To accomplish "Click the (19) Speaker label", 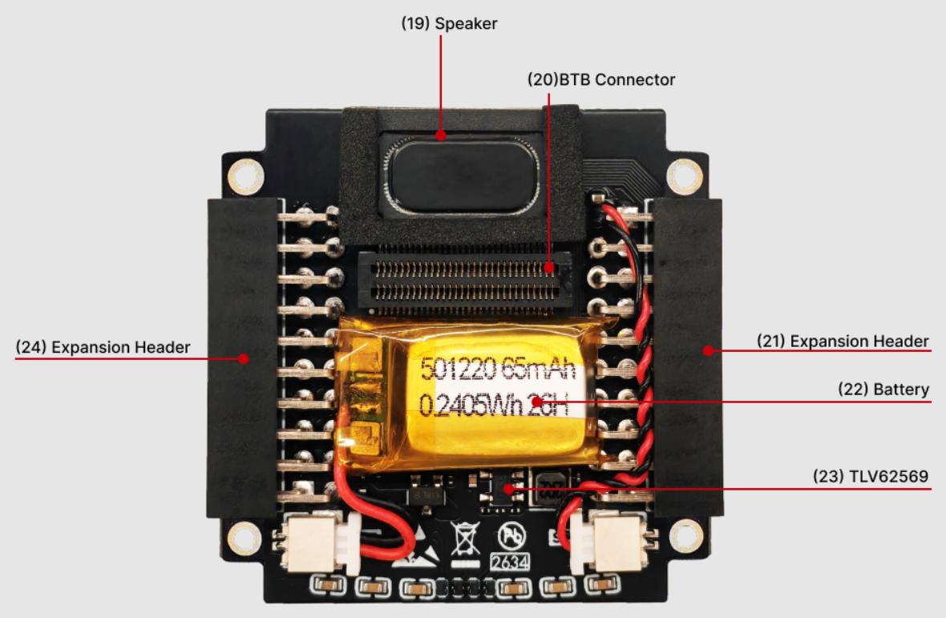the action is [449, 23].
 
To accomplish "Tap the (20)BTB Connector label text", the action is [601, 79].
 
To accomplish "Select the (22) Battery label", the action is [883, 389].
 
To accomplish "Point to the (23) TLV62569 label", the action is [870, 476].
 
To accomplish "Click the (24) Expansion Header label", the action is [103, 347].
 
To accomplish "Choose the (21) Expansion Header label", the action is [843, 341].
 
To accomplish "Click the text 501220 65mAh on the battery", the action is [498, 368].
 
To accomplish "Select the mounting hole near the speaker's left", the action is [245, 176].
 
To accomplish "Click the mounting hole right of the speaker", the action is [684, 176].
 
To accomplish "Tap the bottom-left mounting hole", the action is [245, 538].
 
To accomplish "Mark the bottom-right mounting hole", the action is [686, 536].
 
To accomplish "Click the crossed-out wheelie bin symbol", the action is [464, 539].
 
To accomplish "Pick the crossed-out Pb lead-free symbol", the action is [511, 535].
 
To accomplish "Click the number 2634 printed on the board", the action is [510, 562].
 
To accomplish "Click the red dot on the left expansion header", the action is [243, 359].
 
